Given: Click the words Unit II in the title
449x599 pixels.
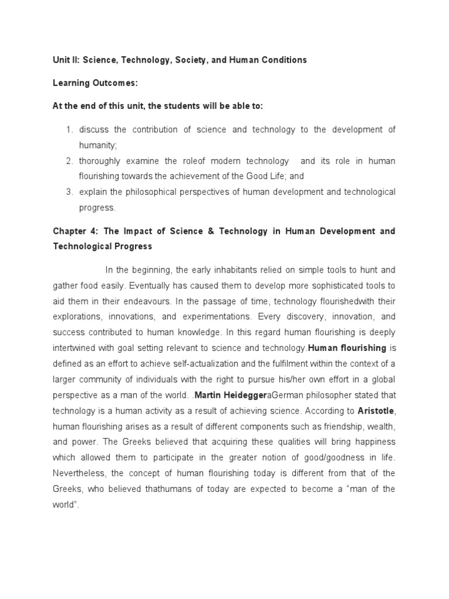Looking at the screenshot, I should pyautogui.click(x=63, y=60).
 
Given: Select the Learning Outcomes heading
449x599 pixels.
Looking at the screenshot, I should pyautogui.click(x=95, y=83).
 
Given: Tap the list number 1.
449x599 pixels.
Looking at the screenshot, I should pyautogui.click(x=69, y=130).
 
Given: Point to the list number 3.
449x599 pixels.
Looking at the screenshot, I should pyautogui.click(x=69, y=192).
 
